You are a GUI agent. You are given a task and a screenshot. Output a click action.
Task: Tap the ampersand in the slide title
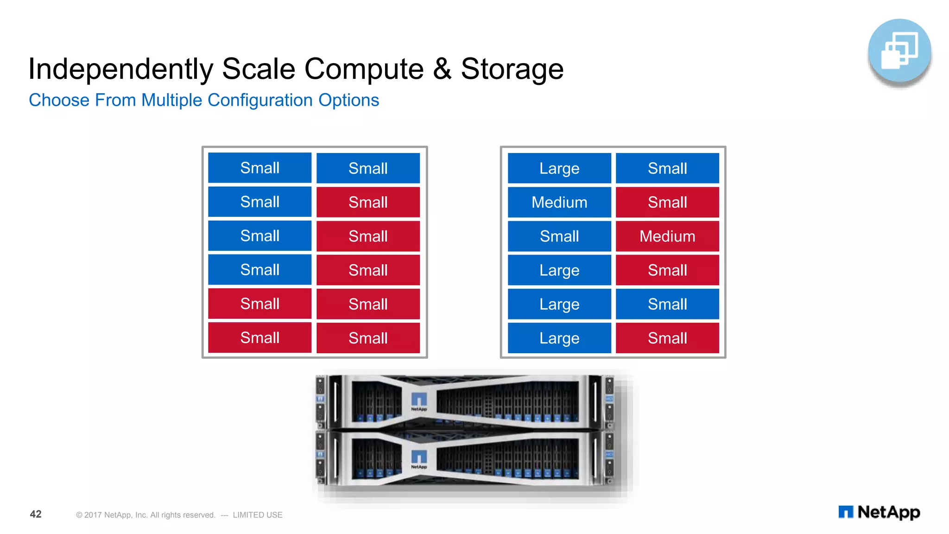coord(442,69)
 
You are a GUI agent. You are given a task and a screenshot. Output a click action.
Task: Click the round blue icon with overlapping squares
coord(899,51)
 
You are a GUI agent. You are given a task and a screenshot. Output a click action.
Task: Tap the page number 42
coord(36,514)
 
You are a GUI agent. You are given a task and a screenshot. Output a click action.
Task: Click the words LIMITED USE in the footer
coord(258,515)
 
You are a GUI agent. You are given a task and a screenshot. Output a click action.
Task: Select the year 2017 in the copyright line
coord(93,515)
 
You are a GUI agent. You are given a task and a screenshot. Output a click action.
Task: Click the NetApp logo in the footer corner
coord(879,512)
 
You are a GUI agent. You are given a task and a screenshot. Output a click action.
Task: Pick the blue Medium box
coord(559,202)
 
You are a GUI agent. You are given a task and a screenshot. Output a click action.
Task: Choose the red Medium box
coord(667,236)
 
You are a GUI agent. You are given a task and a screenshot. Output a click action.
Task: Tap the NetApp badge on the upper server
coord(419,401)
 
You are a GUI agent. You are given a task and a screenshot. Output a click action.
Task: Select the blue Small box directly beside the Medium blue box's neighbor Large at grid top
coord(667,168)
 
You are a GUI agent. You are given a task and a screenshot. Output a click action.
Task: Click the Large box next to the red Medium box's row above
coord(559,168)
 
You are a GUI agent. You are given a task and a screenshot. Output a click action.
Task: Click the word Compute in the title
coord(364,69)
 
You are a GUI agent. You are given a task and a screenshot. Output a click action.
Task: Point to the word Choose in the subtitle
coord(59,101)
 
